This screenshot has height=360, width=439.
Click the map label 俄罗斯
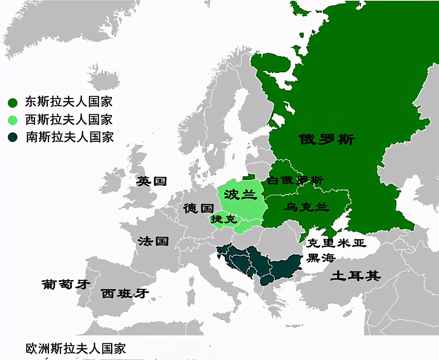point(327,140)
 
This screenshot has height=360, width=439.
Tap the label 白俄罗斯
point(295,180)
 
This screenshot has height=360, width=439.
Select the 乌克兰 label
point(306,207)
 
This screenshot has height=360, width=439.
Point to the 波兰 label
point(240,195)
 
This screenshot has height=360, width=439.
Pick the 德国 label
point(199,208)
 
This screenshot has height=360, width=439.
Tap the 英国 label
point(152,181)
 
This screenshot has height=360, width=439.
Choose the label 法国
point(153,241)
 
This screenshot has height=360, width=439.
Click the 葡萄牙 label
point(66,284)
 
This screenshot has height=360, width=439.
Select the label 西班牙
point(125,293)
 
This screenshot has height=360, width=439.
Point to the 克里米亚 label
point(336,243)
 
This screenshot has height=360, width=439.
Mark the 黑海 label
point(321,258)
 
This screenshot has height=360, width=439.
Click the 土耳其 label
point(355,276)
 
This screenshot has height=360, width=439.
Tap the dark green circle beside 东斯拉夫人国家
point(13,103)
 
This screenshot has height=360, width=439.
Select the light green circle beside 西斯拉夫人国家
point(13,120)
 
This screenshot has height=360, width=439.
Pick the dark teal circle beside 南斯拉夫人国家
point(13,137)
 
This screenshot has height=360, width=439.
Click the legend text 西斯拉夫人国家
point(69,120)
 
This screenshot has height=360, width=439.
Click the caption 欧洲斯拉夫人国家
point(76,349)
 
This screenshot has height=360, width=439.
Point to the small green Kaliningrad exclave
point(249,177)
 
